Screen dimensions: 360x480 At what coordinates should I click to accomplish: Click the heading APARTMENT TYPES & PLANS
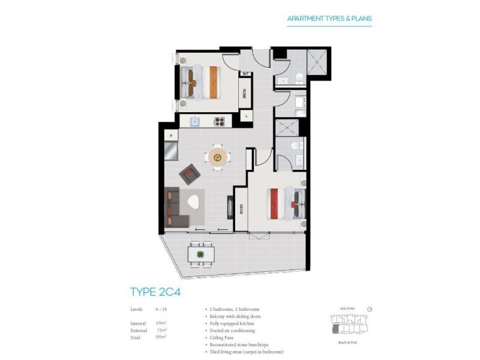click(x=329, y=19)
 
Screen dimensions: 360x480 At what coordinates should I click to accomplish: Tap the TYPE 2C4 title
click(x=155, y=292)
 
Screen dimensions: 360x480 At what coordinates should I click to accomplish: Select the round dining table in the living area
click(x=217, y=158)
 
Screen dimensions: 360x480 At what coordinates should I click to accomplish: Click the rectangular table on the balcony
click(x=200, y=254)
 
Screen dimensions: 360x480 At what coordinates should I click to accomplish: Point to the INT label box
click(x=245, y=74)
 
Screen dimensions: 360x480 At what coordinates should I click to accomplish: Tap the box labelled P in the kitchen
click(x=171, y=136)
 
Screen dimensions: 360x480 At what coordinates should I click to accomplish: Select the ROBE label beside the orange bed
click(x=245, y=94)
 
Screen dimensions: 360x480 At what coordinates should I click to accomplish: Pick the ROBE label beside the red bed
click(x=241, y=209)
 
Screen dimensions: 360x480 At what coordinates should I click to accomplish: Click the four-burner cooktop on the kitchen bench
click(x=219, y=121)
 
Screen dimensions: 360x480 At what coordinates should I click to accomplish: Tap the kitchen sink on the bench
click(x=194, y=121)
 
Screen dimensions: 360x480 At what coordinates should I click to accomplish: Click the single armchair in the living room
click(x=190, y=174)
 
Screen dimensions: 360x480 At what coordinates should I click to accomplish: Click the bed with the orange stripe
click(x=202, y=82)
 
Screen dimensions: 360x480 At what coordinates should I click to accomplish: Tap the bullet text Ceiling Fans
click(x=221, y=338)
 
